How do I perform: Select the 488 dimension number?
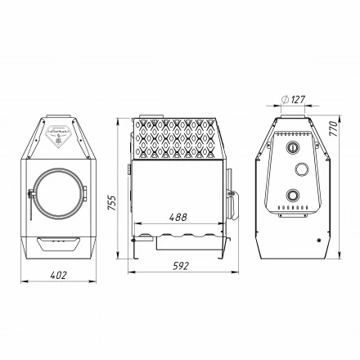coord(178,218)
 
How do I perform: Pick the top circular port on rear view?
coord(292,147)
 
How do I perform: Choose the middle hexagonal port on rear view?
coord(301,169)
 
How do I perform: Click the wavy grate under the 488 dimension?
coord(184,238)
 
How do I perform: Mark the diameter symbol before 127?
coord(284,100)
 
